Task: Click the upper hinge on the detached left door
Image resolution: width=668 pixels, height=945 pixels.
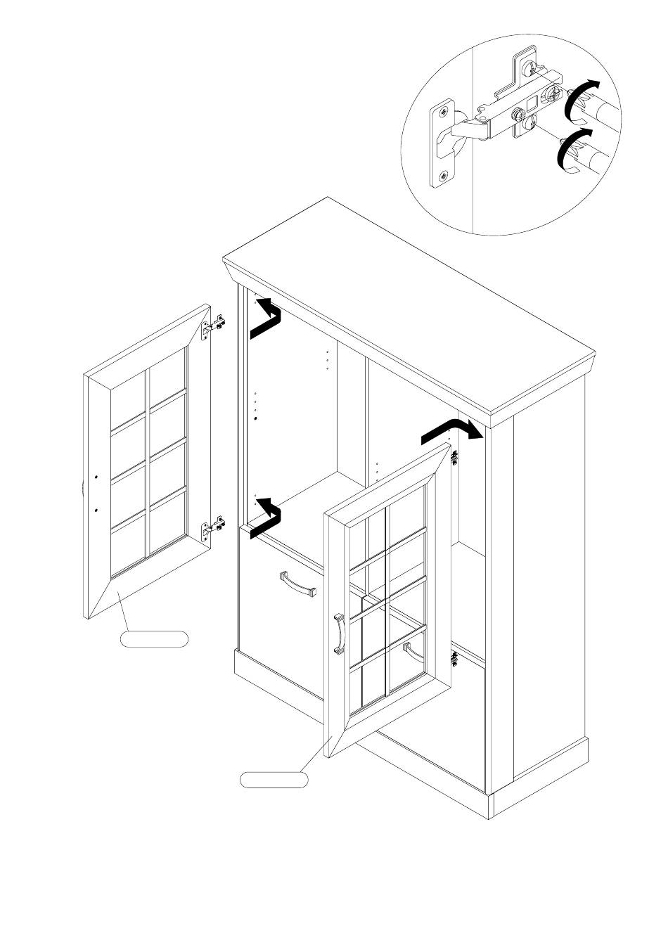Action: coord(214,326)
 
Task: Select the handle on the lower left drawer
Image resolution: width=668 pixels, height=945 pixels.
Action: coord(298,584)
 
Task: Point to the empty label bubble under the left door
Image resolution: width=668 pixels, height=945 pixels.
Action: coord(154,639)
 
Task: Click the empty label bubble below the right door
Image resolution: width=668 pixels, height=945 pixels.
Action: coord(274,779)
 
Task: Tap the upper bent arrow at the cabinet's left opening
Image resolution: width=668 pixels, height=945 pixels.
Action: coord(266,317)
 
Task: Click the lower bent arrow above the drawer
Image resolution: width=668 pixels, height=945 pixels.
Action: coord(266,517)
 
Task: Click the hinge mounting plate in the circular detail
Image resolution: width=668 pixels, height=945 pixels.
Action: coord(442,144)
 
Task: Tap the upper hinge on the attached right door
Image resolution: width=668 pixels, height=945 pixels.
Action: coord(455,457)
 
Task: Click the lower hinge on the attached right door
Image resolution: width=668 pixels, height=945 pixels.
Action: coord(455,660)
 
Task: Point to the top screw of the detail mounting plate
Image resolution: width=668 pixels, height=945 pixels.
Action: coord(444,112)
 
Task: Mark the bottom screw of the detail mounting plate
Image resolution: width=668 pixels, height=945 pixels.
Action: coord(443,176)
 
